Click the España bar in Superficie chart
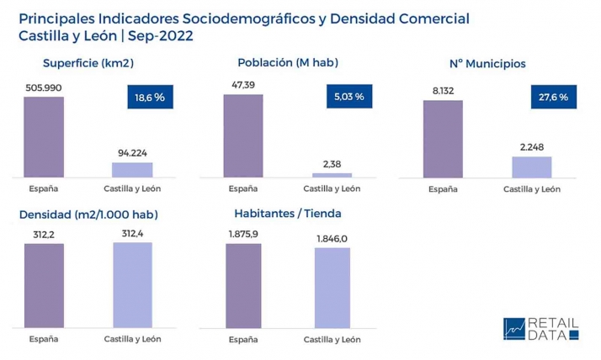pyautogui.click(x=44, y=136)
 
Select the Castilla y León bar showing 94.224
pyautogui.click(x=132, y=169)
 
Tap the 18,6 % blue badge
pyautogui.click(x=149, y=98)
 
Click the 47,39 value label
pyautogui.click(x=242, y=86)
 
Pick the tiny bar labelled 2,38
pyautogui.click(x=332, y=175)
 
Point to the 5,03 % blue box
pyautogui.click(x=348, y=97)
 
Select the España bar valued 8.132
pyautogui.click(x=443, y=139)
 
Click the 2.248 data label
pyautogui.click(x=531, y=147)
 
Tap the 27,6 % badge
pyautogui.click(x=553, y=98)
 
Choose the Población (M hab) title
pyautogui.click(x=288, y=62)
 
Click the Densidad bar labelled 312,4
pyautogui.click(x=132, y=284)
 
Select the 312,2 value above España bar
pyautogui.click(x=43, y=236)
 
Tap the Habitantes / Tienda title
pyautogui.click(x=288, y=214)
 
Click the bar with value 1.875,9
pyautogui.click(x=243, y=285)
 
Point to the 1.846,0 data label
pyautogui.click(x=332, y=240)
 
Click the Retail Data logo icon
pyautogui.click(x=513, y=329)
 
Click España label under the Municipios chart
pyautogui.click(x=443, y=189)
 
